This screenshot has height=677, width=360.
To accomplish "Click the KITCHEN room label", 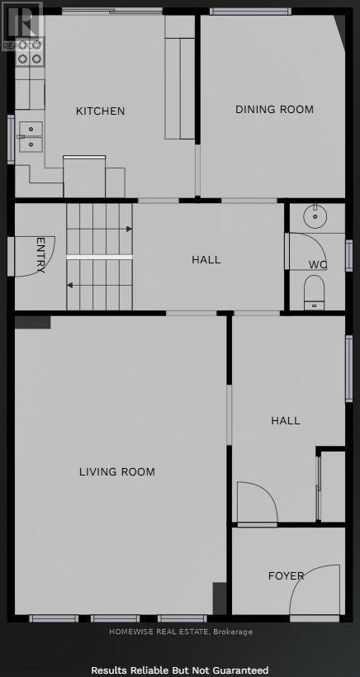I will point(101,111).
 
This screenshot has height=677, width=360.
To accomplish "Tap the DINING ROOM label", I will point(274,109).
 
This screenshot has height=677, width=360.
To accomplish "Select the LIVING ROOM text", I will point(117,472).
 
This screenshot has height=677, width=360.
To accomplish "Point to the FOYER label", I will point(286,575).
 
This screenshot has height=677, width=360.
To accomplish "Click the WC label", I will point(318,265).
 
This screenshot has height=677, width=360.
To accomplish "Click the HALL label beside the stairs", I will point(206,259).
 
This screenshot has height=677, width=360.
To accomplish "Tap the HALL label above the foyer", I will point(286,420).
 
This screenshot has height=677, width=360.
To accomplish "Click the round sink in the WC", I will point(315,216).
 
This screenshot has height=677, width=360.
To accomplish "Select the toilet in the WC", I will point(315,292).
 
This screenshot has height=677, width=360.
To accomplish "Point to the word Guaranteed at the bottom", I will point(239,670).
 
